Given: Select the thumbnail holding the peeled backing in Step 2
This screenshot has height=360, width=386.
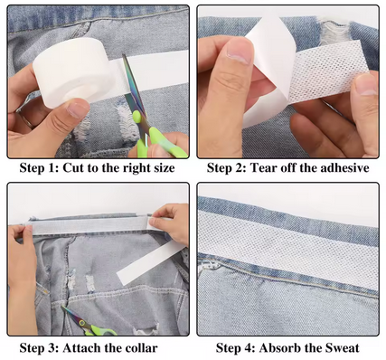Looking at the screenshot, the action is point(239,52).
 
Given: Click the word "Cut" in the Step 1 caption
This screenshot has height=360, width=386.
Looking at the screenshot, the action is point(73,167).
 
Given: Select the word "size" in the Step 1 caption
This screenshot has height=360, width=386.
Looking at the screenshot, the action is point(164,167).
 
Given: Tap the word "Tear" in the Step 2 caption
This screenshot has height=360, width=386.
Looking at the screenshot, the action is point(264,167).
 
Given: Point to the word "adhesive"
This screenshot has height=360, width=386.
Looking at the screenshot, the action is point(344,167).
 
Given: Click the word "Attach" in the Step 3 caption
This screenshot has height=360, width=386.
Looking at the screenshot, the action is point(81,348).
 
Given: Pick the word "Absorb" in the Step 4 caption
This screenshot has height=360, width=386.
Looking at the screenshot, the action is point(279,348).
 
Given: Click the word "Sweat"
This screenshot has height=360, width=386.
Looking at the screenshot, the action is point(342,348).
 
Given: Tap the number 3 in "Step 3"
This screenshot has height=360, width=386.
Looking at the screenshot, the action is point(53,348).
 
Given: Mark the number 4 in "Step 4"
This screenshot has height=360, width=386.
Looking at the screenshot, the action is point(250,348).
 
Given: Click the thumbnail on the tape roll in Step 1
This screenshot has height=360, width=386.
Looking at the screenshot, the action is point(78,110).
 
